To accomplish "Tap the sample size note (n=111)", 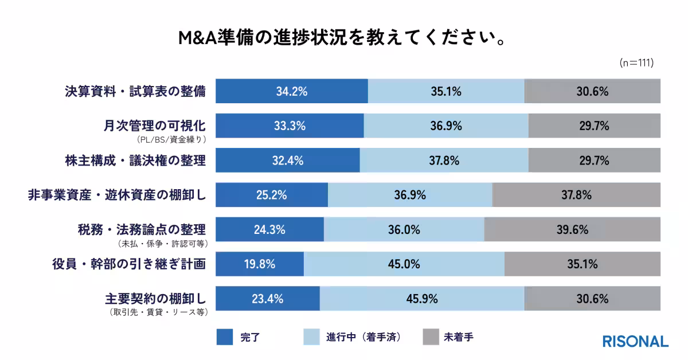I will pyautogui.click(x=636, y=63).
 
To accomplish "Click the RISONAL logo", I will pyautogui.click(x=635, y=341).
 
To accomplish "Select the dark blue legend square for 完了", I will pyautogui.click(x=225, y=337).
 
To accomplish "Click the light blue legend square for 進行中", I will pyautogui.click(x=311, y=337).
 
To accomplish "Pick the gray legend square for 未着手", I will pyautogui.click(x=430, y=337).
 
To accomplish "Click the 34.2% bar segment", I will pyautogui.click(x=291, y=91).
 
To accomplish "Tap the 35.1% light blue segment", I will pyautogui.click(x=445, y=91).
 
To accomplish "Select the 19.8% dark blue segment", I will pyautogui.click(x=259, y=264).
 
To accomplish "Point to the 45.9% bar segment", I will pyautogui.click(x=421, y=299).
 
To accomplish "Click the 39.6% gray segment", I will pyautogui.click(x=572, y=230).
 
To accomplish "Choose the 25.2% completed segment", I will pyautogui.click(x=271, y=195).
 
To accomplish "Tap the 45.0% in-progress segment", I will pyautogui.click(x=404, y=264).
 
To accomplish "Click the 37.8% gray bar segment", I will pyautogui.click(x=576, y=195).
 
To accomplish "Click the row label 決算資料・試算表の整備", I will pyautogui.click(x=135, y=91).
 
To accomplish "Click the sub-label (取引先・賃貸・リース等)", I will pyautogui.click(x=157, y=313).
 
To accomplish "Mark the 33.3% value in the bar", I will pyautogui.click(x=290, y=126).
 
